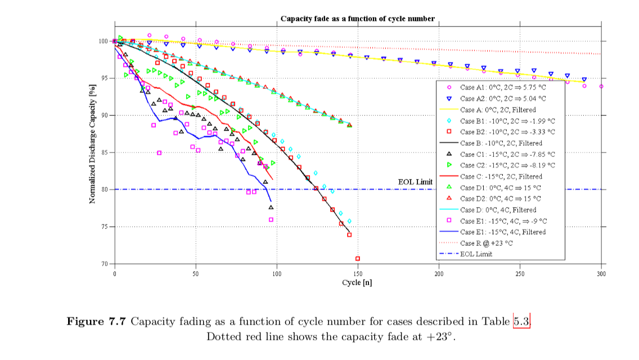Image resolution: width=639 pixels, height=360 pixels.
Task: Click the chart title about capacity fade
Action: point(357,19)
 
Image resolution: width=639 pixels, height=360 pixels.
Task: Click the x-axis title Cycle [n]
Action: point(357,282)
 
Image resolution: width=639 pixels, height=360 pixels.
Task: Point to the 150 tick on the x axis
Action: point(358,273)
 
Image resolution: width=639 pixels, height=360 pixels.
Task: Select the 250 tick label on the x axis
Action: point(520,273)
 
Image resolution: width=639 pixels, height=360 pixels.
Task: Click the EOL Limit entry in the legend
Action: point(476,254)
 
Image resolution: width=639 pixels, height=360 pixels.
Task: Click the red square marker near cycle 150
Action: point(358,259)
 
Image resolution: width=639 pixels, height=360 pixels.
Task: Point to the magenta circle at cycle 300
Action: point(601,87)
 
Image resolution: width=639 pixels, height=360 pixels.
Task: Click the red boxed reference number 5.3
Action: point(521,322)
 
